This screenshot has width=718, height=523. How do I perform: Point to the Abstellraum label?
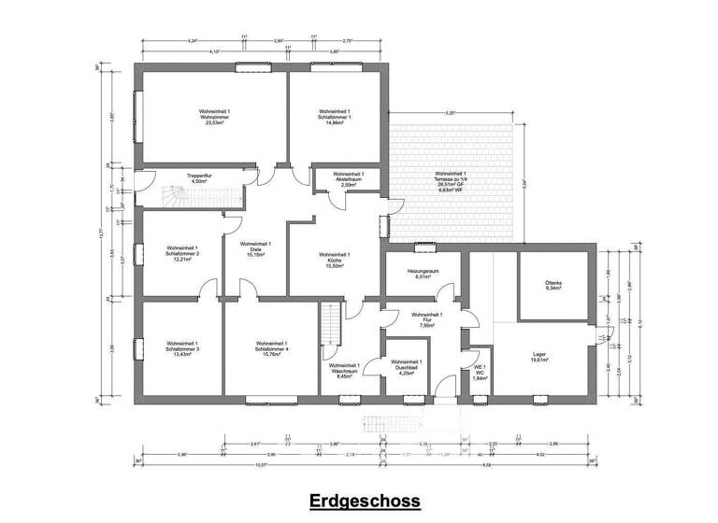tap(348, 179)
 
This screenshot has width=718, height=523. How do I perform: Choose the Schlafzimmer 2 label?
tap(182, 253)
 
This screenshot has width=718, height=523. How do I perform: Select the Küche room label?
tap(335, 260)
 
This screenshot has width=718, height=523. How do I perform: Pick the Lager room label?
tap(538, 358)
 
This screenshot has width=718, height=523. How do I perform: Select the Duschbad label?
tap(407, 366)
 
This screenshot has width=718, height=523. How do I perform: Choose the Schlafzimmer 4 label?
tap(273, 348)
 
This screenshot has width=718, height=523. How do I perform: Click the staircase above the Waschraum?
tap(327, 323)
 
